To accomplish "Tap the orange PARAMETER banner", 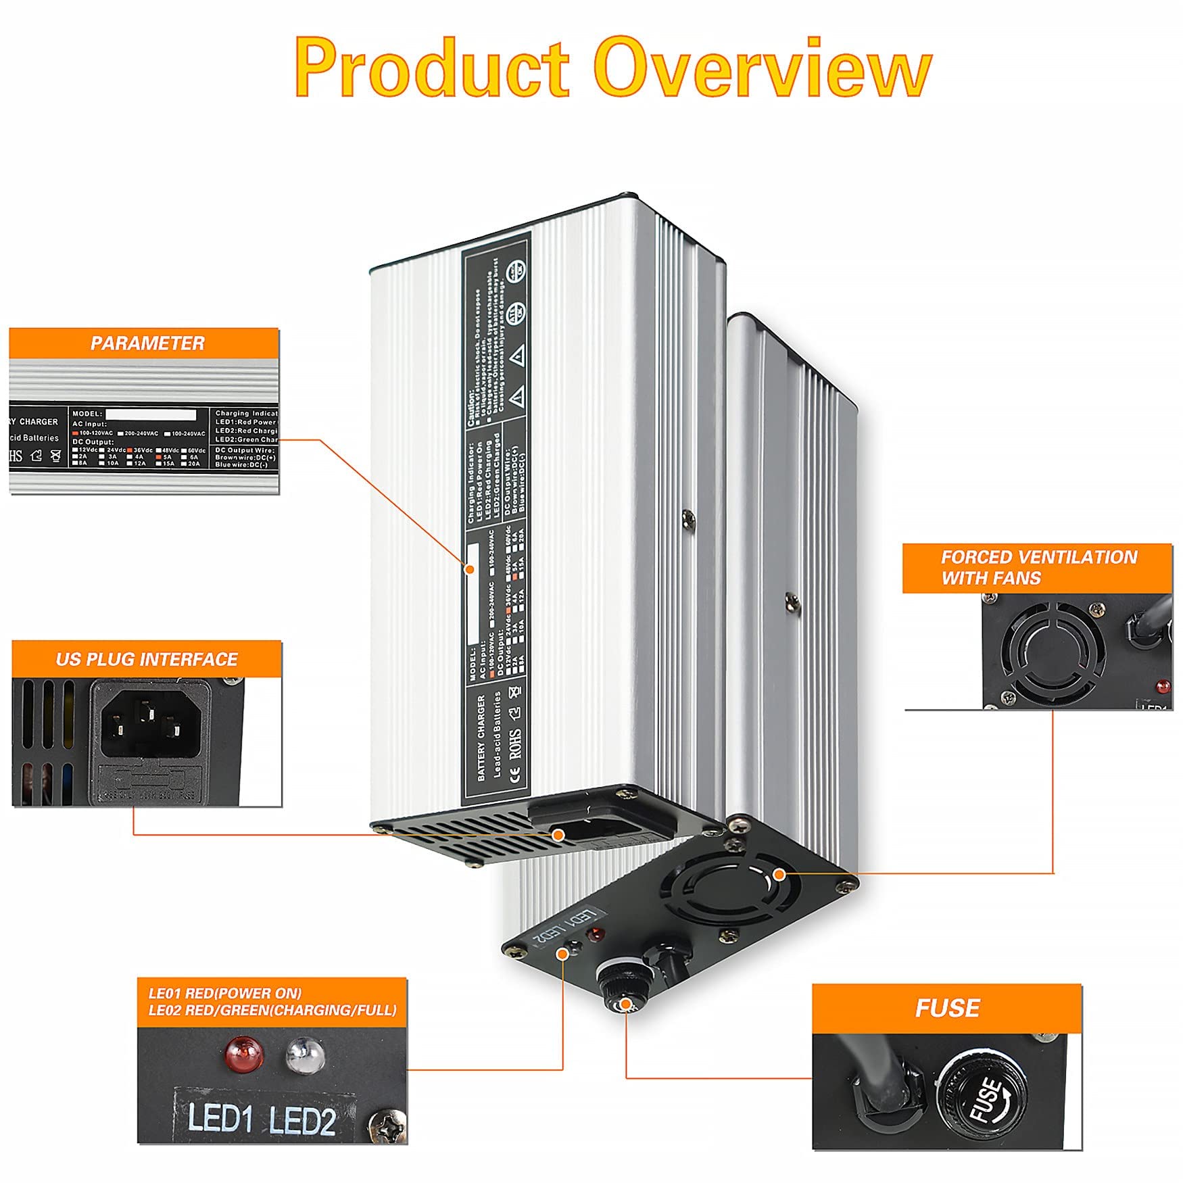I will pos(147,343).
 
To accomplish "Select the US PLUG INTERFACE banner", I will pos(147,660).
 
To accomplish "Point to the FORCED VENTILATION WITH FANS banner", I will pos(1038,568).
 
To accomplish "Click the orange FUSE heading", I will pos(946,1008).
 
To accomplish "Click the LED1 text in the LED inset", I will pos(220,1118).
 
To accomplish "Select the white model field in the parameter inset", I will pos(150,414).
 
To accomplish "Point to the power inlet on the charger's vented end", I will pos(561,831).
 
